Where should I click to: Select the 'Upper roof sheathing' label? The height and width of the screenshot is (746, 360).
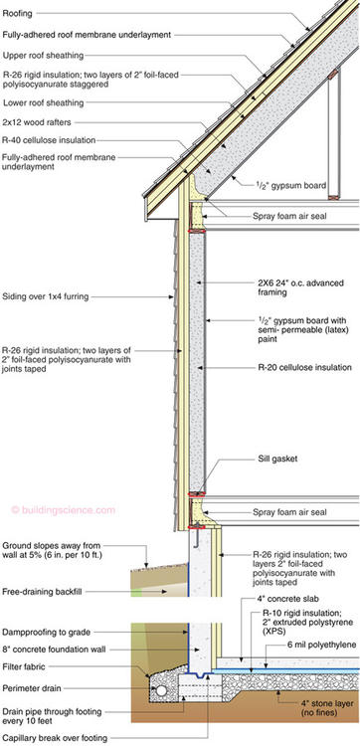pyautogui.click(x=46, y=55)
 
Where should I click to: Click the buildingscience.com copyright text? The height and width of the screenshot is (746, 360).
pyautogui.click(x=64, y=510)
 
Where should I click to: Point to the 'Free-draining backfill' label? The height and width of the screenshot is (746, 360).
pyautogui.click(x=45, y=592)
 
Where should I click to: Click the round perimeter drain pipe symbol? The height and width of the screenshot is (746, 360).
pyautogui.click(x=156, y=684)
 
